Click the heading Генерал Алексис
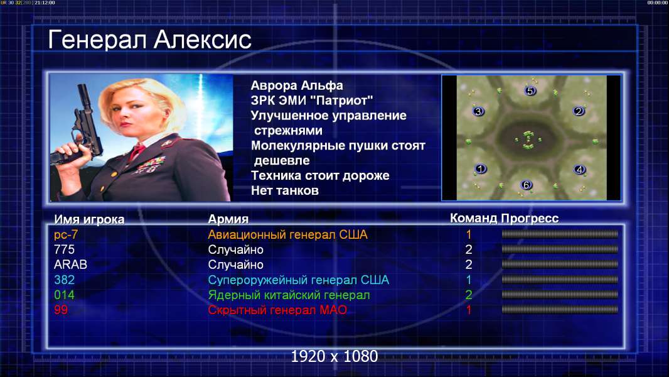pos(150,40)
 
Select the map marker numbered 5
pos(530,90)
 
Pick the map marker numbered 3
pos(478,111)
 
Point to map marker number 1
pos(481,168)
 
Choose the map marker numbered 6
pos(527,185)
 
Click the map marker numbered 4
pos(579,170)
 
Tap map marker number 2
pos(579,111)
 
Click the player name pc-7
pos(66,235)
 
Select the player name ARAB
pos(70,265)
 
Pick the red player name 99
pos(61,310)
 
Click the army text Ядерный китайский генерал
pos(289,295)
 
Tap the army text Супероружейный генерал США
pos(298,280)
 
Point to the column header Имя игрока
pos(89,219)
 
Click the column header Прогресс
pos(530,219)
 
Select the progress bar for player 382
pos(560,280)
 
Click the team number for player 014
pos(468,295)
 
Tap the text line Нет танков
pos(284,190)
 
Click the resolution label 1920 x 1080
pos(334,356)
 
